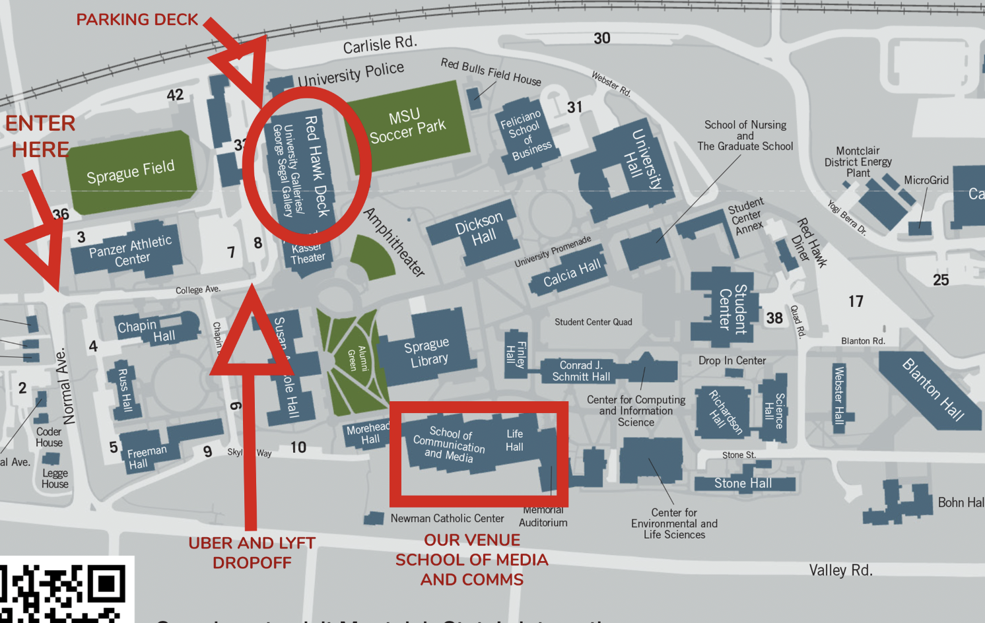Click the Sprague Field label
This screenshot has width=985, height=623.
[131, 172]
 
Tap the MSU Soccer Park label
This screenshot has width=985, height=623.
[407, 126]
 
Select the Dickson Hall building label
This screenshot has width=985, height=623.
[481, 230]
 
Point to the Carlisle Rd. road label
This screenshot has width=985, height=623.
[380, 44]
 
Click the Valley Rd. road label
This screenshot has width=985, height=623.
[840, 570]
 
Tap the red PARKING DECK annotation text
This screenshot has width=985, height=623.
[137, 20]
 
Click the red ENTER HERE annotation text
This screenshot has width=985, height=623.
[40, 136]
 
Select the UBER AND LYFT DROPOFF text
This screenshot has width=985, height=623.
[252, 552]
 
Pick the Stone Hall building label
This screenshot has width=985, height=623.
[743, 484]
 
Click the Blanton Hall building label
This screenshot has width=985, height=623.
[933, 389]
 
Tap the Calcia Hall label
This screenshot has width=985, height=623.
[572, 273]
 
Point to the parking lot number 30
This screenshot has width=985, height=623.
[601, 38]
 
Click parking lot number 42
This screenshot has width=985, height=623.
[175, 95]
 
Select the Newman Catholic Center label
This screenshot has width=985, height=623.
[447, 519]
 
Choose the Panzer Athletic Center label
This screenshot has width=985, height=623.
[131, 251]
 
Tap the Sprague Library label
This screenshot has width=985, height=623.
[428, 352]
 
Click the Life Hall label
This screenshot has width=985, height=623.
[514, 440]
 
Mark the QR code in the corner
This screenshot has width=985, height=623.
[63, 592]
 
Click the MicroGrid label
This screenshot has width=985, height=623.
[926, 180]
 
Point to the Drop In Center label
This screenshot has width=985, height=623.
[732, 360]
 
